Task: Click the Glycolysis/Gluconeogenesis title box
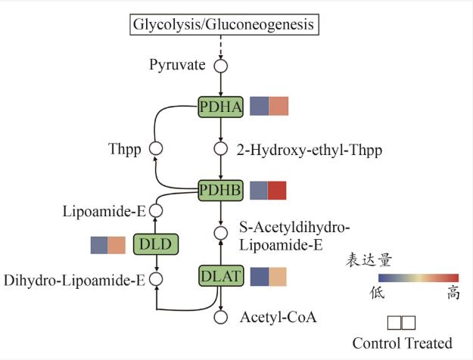pyautogui.click(x=223, y=24)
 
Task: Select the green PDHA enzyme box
pyautogui.click(x=220, y=107)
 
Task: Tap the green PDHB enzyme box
pyautogui.click(x=220, y=191)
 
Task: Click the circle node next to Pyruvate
pyautogui.click(x=220, y=66)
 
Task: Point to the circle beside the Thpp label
pyautogui.click(x=157, y=149)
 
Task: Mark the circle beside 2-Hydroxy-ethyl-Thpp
pyautogui.click(x=220, y=149)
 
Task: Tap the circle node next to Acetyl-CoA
pyautogui.click(x=220, y=318)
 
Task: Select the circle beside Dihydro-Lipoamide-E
pyautogui.click(x=157, y=281)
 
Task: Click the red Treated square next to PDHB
pyautogui.click(x=278, y=191)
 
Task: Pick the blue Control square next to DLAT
pyautogui.click(x=259, y=278)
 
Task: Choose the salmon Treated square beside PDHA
pyautogui.click(x=278, y=107)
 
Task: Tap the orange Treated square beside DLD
pyautogui.click(x=117, y=245)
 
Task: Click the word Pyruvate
pyautogui.click(x=178, y=66)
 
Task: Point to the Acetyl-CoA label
pyautogui.click(x=278, y=318)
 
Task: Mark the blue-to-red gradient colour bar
pyautogui.click(x=419, y=278)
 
